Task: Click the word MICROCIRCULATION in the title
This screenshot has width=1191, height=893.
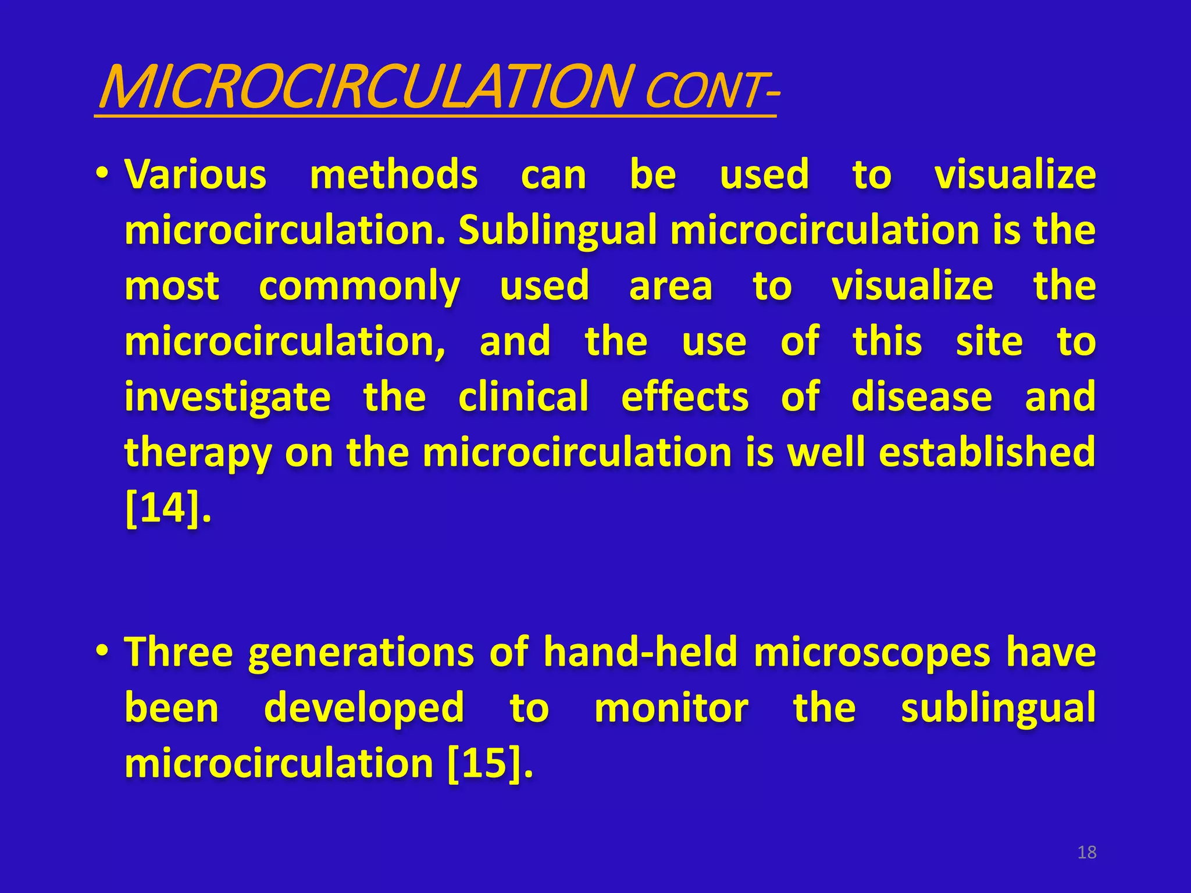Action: pyautogui.click(x=365, y=87)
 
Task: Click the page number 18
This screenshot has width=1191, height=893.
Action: pyautogui.click(x=1086, y=852)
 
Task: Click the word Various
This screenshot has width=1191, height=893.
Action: pyautogui.click(x=196, y=174)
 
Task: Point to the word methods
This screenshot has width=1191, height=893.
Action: pyautogui.click(x=394, y=174)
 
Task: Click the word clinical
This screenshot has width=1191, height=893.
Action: pyautogui.click(x=523, y=397)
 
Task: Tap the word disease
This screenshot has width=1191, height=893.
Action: pyautogui.click(x=922, y=397)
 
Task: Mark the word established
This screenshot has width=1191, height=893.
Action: pyautogui.click(x=987, y=452)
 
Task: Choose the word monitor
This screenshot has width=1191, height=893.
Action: pyautogui.click(x=671, y=708)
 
